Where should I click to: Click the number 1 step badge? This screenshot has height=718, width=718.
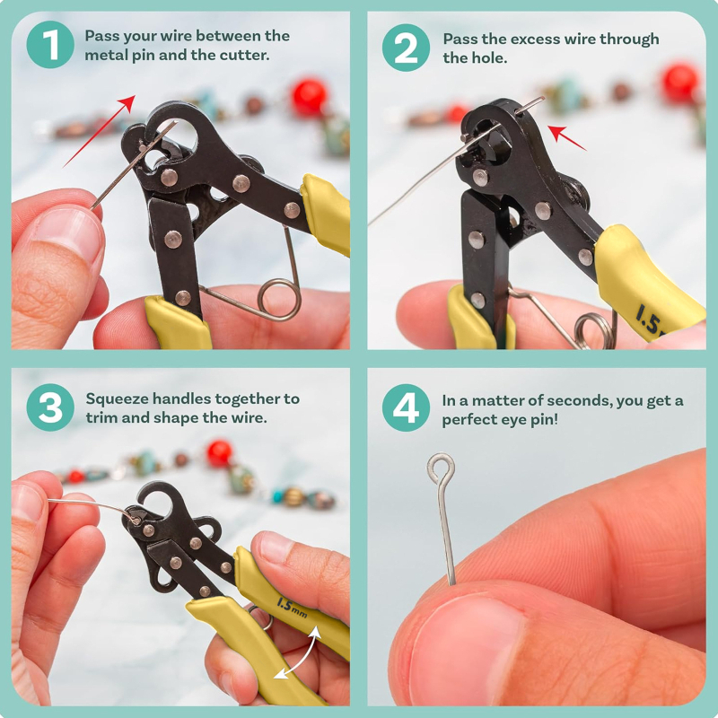pos(50,44)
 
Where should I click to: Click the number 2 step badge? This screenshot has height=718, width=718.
pos(406,48)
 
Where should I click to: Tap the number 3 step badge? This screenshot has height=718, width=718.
pos(50,407)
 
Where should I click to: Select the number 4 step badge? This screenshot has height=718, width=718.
pos(406,407)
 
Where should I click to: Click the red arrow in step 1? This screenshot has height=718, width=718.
pos(100,131)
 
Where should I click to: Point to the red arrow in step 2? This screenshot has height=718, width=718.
pos(567,138)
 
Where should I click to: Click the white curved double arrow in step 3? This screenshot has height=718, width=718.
pos(299,652)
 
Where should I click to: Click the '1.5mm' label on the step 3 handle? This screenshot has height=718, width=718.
pos(291,608)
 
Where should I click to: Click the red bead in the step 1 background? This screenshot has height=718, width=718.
pos(309,98)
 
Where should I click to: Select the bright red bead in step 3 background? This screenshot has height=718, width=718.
pos(220,453)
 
